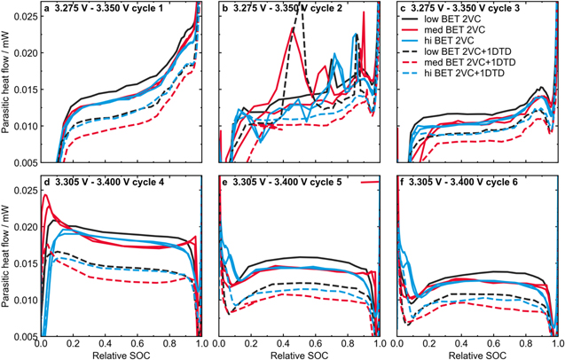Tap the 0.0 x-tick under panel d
(x=42, y=343)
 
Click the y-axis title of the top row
(x=7, y=84)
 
